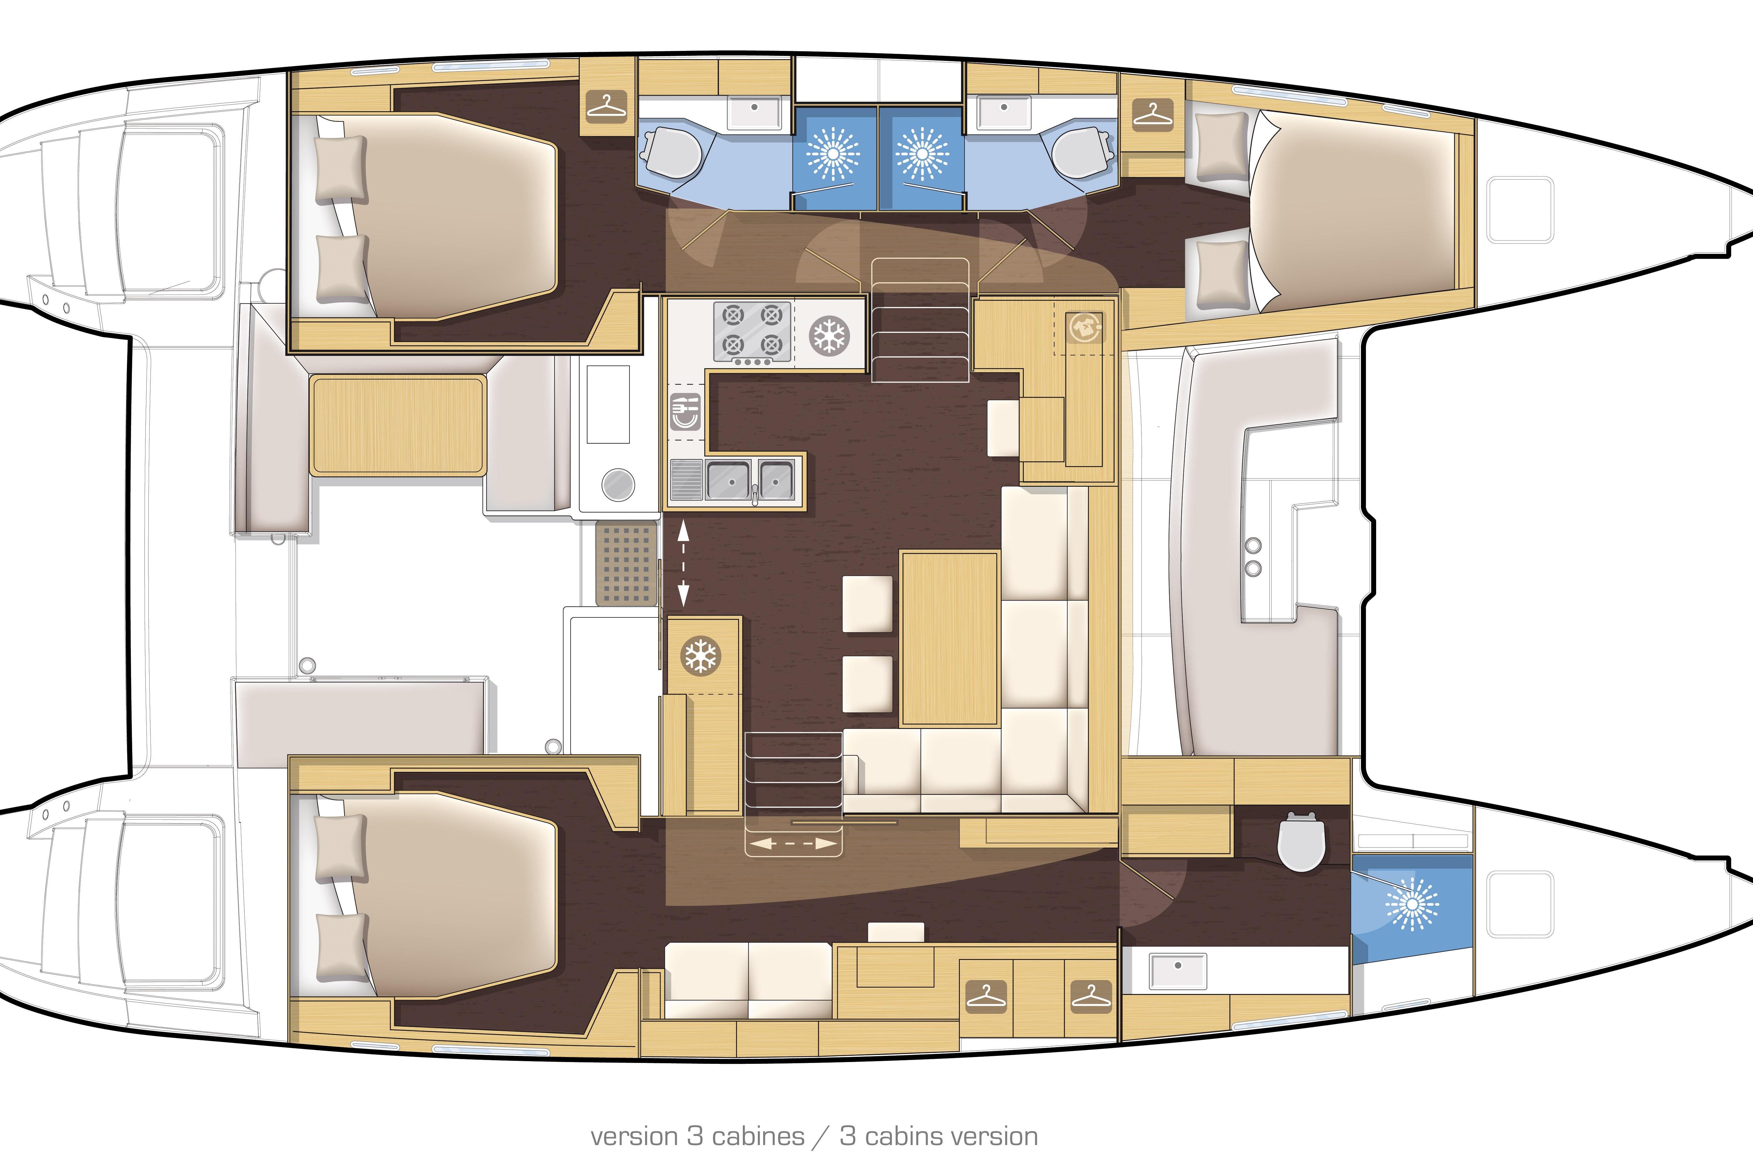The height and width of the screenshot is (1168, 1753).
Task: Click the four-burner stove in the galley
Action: click(x=752, y=334)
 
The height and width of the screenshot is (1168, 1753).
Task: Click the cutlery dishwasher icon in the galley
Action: click(x=686, y=412)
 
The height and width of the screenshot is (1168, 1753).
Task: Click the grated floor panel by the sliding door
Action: click(x=626, y=562)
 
